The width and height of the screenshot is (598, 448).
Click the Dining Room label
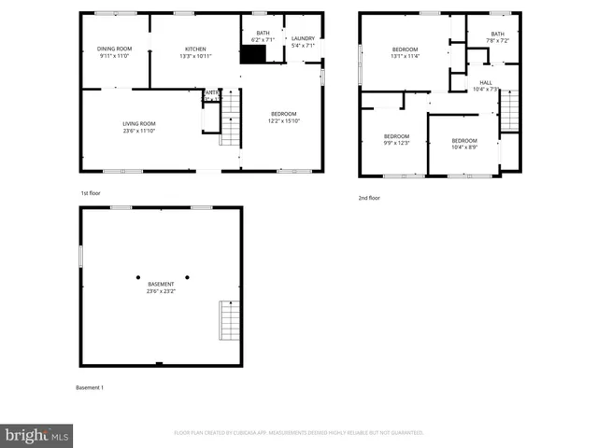[115, 52]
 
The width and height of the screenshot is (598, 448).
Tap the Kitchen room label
[195, 52]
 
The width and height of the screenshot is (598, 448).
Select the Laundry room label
[304, 42]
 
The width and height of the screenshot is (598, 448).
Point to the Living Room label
[138, 127]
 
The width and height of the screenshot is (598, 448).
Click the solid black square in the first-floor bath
[252, 54]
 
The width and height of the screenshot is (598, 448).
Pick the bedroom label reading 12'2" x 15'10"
[283, 118]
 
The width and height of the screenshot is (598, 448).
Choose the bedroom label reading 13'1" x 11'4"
[405, 52]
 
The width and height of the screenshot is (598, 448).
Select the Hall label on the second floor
[486, 86]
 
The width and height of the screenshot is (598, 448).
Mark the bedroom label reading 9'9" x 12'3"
[396, 140]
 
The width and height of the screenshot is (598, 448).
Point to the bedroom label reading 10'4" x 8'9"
[464, 144]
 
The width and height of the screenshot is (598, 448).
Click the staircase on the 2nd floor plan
[509, 112]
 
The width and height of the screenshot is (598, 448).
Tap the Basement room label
[160, 287]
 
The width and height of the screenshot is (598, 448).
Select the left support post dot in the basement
[138, 277]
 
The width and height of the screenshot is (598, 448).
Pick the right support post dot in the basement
[187, 277]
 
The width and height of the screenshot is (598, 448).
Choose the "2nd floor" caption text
[369, 198]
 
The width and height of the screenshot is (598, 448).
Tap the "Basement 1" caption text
[90, 387]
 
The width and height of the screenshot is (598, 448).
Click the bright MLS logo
[37, 435]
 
